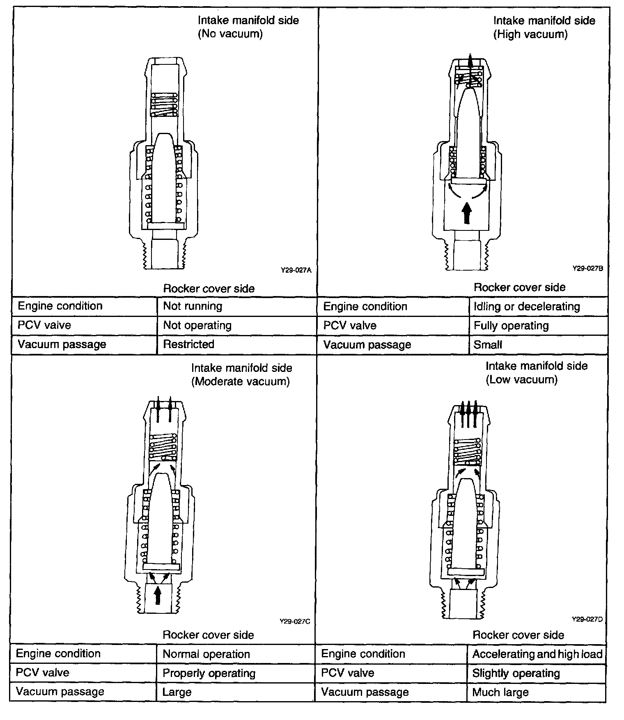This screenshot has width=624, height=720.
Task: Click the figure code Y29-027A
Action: coord(296,270)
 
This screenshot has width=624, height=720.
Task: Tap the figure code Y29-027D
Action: coord(587,620)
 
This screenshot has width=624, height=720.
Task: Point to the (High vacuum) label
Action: coord(530,34)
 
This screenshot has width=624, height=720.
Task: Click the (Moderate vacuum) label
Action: coord(241,382)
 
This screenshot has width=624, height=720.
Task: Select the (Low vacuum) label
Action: coord(521,380)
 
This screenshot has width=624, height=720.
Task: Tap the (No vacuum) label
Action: coord(230,34)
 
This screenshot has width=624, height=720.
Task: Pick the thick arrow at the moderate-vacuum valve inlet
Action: coord(158,595)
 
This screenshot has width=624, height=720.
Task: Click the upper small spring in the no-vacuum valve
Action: coord(164,105)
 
